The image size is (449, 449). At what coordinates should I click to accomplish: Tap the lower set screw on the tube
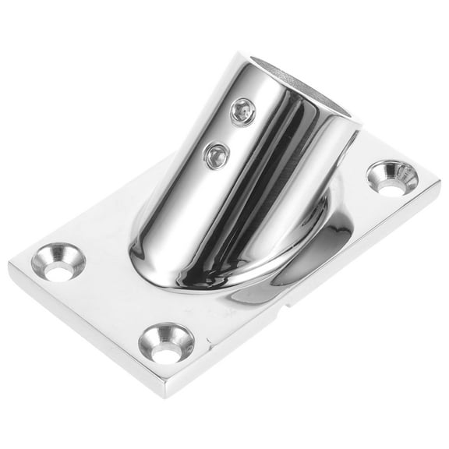tap(214, 156)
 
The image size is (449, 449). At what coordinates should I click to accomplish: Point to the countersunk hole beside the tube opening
tap(397, 178)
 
